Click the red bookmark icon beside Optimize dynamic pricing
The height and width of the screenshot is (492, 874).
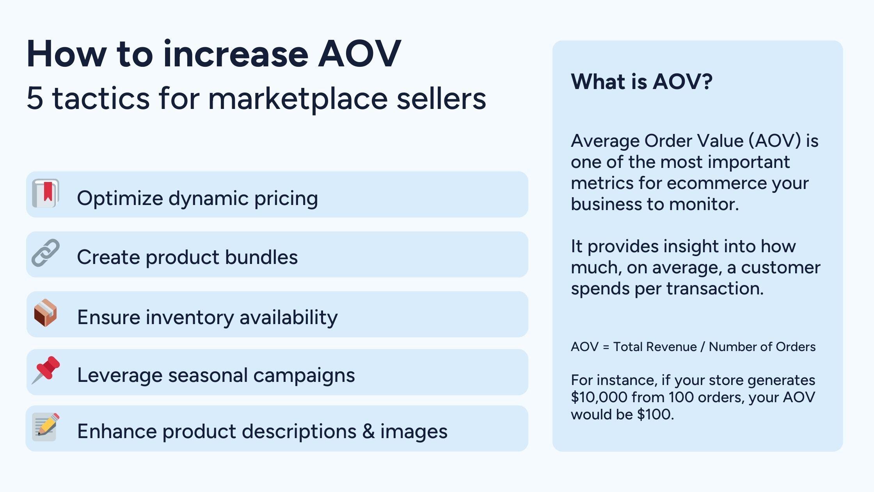(46, 193)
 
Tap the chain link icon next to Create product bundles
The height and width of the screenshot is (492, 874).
(46, 253)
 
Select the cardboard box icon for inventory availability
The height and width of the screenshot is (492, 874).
(45, 313)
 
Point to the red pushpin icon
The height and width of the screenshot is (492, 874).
(46, 369)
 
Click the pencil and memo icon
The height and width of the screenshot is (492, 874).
(46, 427)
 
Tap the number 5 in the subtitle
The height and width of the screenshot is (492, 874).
(35, 98)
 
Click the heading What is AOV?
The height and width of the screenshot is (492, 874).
(641, 82)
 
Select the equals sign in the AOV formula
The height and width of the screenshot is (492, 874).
(606, 347)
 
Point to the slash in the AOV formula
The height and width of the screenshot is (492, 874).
(702, 347)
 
